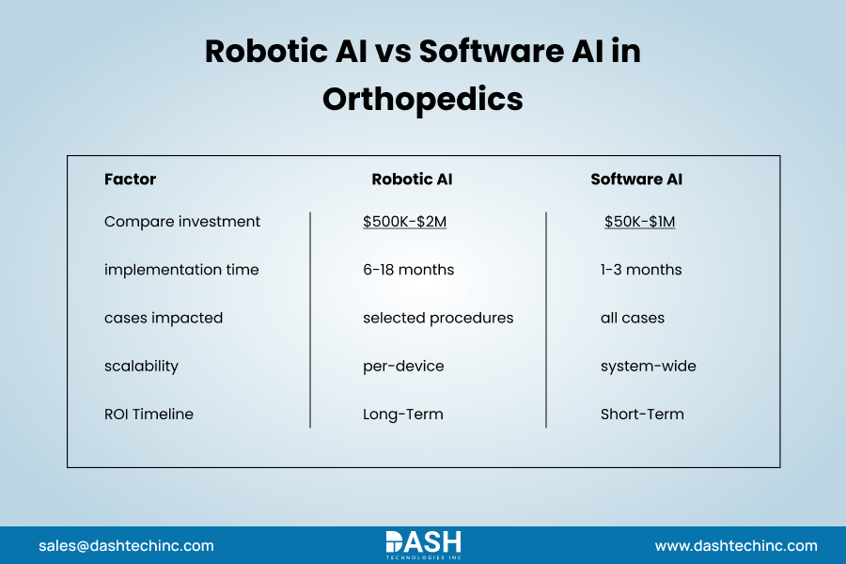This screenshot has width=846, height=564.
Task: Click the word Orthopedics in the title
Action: point(422,98)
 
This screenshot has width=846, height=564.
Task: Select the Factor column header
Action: point(130,179)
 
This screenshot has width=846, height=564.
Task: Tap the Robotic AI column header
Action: point(412,179)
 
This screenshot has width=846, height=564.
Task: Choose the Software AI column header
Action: point(636,179)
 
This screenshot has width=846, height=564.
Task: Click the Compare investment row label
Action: point(182,222)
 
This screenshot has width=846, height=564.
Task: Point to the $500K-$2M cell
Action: point(404,222)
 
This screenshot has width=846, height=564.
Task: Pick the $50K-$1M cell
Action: point(640,222)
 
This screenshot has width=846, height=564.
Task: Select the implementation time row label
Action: point(181,270)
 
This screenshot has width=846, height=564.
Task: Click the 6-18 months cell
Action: point(408,270)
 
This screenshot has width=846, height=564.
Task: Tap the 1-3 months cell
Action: point(641,270)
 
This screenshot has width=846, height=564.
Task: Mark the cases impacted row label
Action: point(164,318)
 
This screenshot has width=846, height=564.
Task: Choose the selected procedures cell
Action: point(438,318)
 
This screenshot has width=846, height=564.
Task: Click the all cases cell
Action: point(633,318)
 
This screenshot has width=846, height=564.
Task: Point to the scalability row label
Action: point(141,366)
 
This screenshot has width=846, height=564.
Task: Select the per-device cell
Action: point(402,366)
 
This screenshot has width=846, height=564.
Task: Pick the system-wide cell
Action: point(649,366)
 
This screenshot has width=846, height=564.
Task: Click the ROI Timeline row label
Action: point(149,414)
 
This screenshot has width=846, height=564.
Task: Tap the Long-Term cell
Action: point(402,414)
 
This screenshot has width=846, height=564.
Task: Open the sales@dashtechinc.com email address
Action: point(126,545)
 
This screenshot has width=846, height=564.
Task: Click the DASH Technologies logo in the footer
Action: point(423,544)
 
